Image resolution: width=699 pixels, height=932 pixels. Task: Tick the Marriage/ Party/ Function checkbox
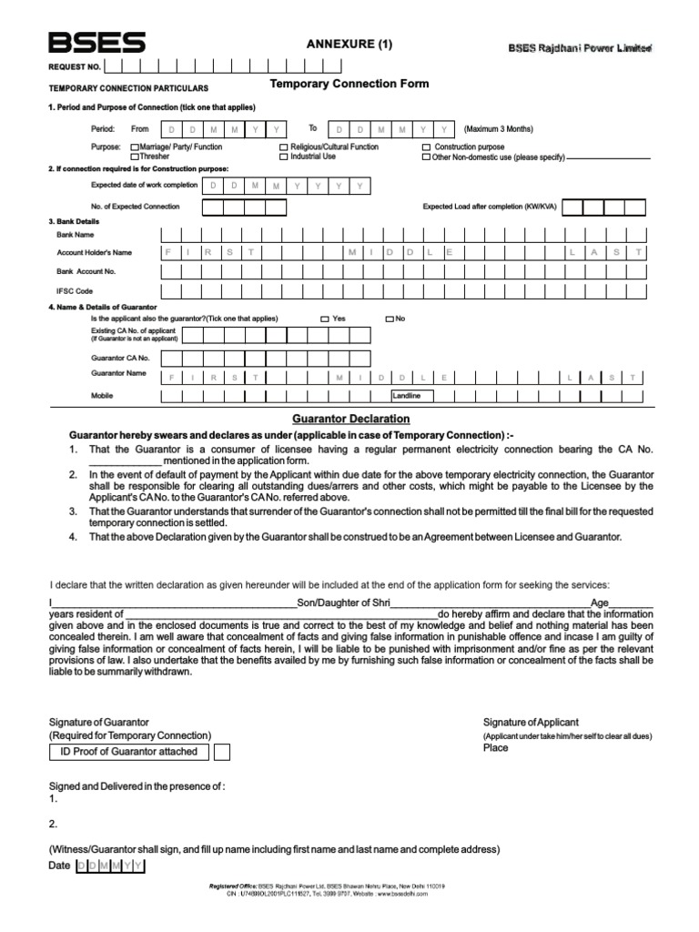click(x=136, y=147)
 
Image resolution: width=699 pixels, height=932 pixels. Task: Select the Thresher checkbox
click(x=136, y=157)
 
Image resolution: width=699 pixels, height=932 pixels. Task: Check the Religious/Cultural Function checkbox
click(x=284, y=147)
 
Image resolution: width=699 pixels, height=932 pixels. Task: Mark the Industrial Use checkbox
click(x=284, y=157)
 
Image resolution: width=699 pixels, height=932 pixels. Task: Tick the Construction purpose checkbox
click(x=427, y=147)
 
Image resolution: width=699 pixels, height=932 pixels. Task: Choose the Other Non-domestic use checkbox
click(x=427, y=157)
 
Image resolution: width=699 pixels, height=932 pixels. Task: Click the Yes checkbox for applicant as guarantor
click(x=325, y=319)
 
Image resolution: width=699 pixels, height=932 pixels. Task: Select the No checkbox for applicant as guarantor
click(x=390, y=319)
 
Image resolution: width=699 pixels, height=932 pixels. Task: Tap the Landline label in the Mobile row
click(x=407, y=396)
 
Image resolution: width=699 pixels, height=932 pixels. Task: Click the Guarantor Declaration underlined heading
click(x=350, y=419)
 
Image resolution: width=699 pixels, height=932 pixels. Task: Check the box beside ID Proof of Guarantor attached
click(x=221, y=752)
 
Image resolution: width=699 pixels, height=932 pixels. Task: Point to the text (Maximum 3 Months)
click(x=499, y=129)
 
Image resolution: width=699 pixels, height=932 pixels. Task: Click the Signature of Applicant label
click(x=531, y=722)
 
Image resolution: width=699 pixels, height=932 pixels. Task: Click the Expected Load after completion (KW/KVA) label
click(x=490, y=207)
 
